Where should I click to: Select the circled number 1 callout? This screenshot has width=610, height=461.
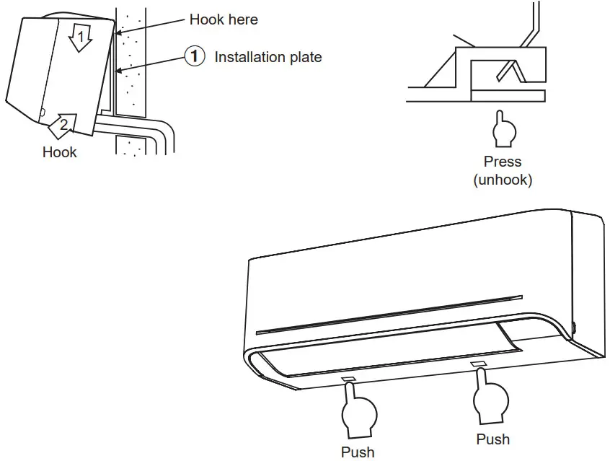click(x=193, y=56)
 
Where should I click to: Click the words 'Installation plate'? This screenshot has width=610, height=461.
click(x=268, y=57)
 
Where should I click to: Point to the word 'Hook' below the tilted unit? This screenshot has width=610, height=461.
click(x=59, y=152)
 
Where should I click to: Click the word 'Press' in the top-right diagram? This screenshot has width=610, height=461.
click(x=503, y=162)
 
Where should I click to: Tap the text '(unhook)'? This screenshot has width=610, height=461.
click(x=503, y=179)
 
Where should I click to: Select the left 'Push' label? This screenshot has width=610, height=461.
click(x=358, y=452)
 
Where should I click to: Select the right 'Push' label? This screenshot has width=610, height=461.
click(x=492, y=439)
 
